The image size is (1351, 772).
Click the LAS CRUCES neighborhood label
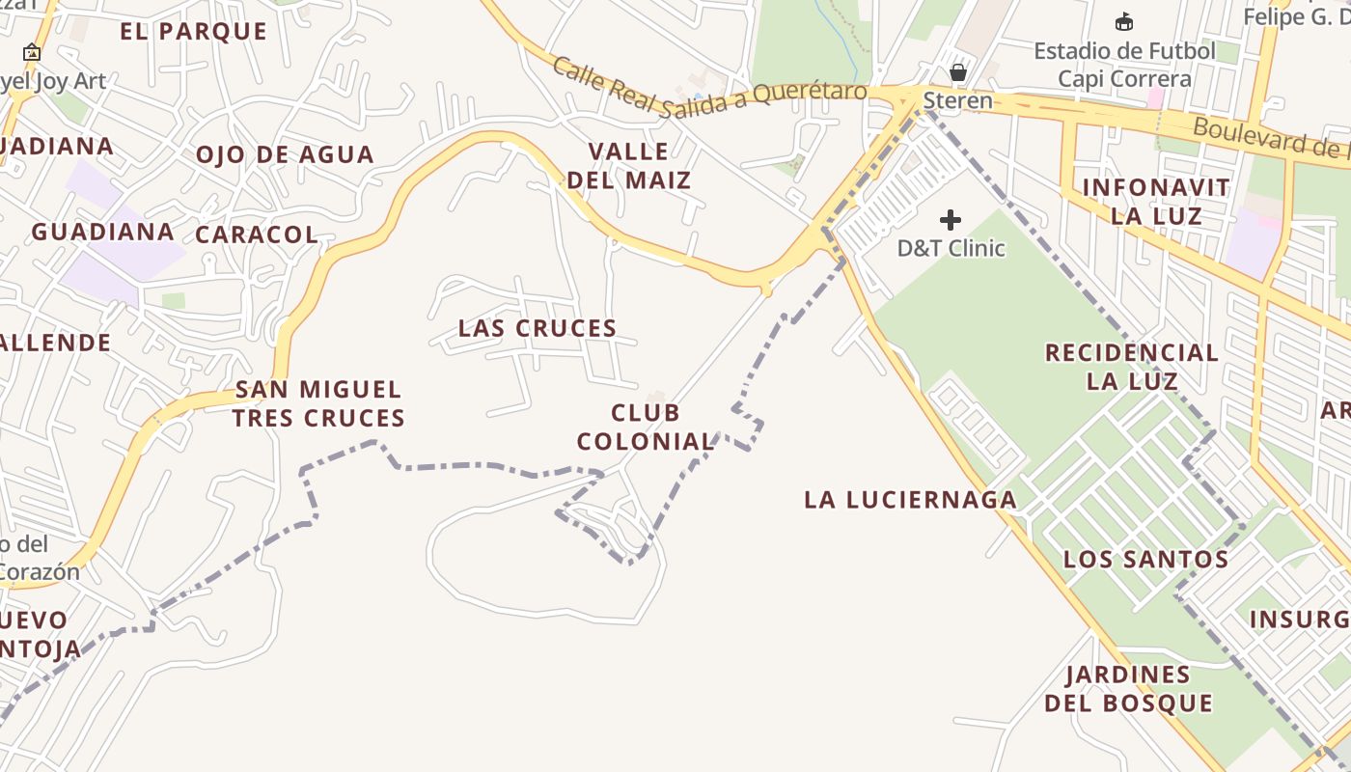(538, 328)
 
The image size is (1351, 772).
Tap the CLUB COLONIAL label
(646, 427)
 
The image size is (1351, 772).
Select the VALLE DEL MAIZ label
(629, 166)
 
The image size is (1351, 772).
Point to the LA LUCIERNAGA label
(910, 499)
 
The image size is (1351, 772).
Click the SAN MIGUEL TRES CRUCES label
(318, 404)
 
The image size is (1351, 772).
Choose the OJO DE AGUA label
(285, 154)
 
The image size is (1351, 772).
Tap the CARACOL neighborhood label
(257, 234)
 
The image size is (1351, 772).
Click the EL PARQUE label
(193, 31)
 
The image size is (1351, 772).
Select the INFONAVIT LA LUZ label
(1156, 202)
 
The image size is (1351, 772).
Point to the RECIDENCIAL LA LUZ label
(1132, 367)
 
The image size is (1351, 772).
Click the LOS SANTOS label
(1145, 559)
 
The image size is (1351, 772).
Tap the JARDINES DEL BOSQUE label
(1128, 689)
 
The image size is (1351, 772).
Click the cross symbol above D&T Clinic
(951, 220)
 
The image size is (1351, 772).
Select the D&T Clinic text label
(951, 248)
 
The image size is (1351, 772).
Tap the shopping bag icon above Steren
(958, 72)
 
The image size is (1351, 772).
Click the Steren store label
(957, 100)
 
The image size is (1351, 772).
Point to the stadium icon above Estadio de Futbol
(1123, 21)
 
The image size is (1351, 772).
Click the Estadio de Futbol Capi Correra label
(1125, 64)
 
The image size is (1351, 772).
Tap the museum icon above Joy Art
(32, 52)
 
